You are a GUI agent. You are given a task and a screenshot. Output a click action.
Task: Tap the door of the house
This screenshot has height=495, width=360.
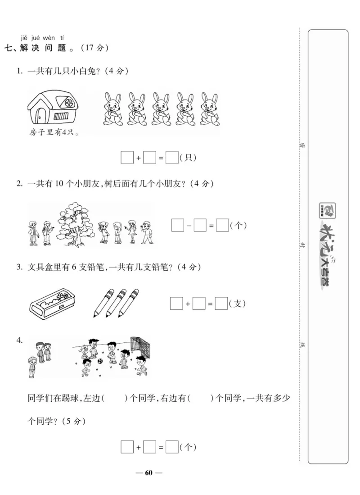[40, 116]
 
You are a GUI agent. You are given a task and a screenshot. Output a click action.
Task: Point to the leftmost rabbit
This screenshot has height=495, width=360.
[112, 109]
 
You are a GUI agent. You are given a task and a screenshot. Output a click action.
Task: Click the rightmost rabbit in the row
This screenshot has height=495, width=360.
[209, 109]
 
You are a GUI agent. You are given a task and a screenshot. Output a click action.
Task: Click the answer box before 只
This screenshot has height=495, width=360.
[171, 158]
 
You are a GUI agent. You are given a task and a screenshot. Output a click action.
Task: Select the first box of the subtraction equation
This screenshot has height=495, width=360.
[178, 225]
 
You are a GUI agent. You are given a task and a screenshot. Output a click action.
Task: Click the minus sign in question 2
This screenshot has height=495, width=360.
[189, 225]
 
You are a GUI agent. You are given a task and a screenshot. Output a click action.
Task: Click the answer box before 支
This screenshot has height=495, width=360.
[221, 304]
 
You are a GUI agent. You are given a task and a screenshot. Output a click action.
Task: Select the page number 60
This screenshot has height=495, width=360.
[149, 472]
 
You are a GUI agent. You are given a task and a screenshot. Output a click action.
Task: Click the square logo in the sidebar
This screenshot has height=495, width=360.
[328, 209]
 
